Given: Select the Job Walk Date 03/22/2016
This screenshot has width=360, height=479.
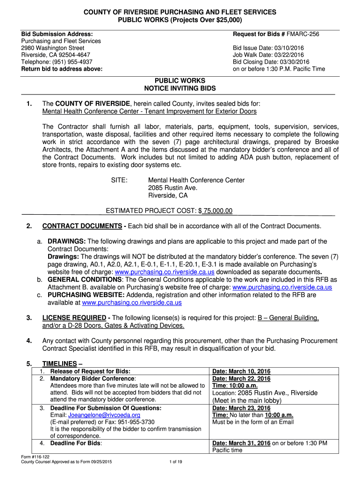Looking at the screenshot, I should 292,55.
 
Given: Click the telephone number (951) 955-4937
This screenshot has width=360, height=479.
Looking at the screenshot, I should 73,62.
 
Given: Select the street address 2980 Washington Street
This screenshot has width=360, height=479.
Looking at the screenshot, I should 53,48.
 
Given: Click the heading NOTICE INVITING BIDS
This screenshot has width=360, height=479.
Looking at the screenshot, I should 180,88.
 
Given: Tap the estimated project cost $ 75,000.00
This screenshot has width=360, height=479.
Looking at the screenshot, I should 216,211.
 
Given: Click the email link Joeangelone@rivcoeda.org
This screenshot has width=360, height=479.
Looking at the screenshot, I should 104,415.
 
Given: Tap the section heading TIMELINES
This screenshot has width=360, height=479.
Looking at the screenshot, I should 59,363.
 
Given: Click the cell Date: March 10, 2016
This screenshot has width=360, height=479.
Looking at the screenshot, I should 241,371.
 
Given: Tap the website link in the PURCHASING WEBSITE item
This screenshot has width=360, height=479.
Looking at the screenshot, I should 131,303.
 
